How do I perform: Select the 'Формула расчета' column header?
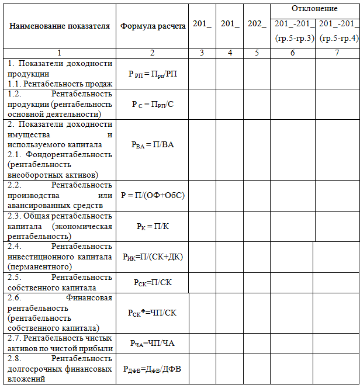pos(153,26)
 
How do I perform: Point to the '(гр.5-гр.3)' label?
pos(294,39)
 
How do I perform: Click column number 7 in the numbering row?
pos(337,53)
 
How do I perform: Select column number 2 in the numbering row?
pos(152,53)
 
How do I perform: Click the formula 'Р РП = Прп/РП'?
pos(152,74)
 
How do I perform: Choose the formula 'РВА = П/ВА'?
pos(152,149)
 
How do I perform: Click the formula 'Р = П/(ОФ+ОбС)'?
pos(152,196)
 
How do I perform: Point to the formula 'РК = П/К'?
pos(152,226)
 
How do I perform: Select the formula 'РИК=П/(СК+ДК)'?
pos(152,257)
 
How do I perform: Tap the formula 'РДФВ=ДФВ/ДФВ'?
pos(152,369)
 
